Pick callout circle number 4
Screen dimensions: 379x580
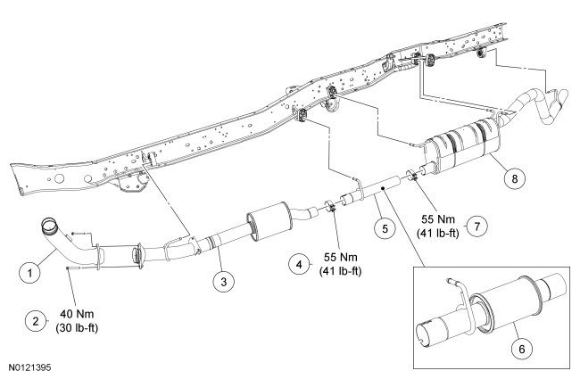click(x=298, y=262)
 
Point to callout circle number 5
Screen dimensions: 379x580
click(x=384, y=228)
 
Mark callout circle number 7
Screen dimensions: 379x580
click(x=478, y=226)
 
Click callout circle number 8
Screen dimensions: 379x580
click(x=511, y=177)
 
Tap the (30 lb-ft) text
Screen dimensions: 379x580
click(x=78, y=328)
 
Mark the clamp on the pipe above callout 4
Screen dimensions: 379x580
click(x=330, y=208)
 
